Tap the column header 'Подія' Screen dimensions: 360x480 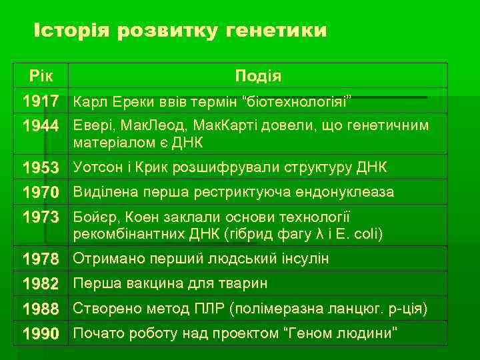pos(257,76)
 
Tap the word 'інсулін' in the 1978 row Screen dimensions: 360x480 pos(304,259)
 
